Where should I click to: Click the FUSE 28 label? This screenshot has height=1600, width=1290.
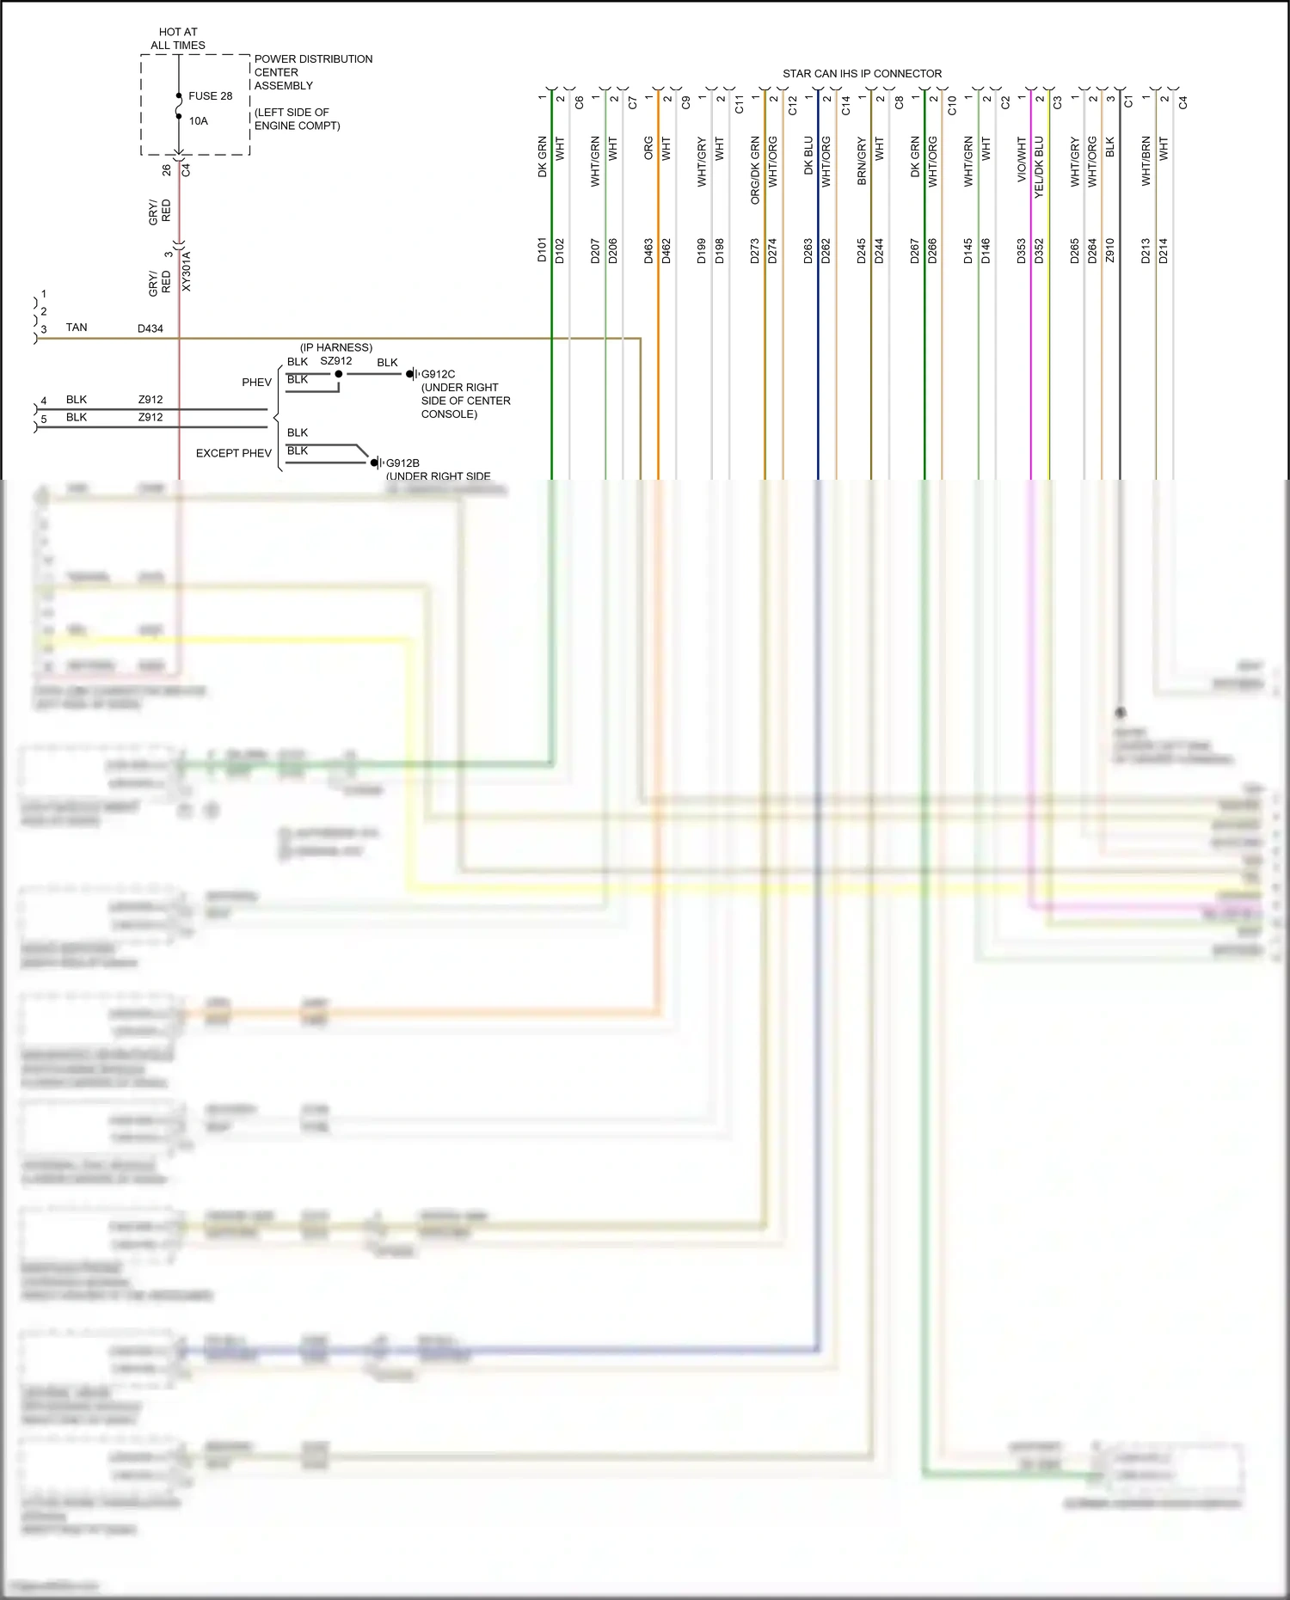[210, 96]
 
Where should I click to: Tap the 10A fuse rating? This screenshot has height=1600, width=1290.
[199, 121]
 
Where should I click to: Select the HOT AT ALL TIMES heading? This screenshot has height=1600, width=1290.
[178, 39]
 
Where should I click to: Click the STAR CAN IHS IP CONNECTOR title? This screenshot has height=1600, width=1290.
[862, 74]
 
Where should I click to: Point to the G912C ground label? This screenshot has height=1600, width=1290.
[438, 374]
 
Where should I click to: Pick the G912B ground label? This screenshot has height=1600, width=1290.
[402, 463]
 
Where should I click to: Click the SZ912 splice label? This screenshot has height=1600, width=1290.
[335, 361]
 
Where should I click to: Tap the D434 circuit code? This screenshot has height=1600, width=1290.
[150, 328]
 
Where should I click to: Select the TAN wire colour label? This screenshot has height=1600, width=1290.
[77, 328]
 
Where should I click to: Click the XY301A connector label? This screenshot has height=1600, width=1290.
[187, 271]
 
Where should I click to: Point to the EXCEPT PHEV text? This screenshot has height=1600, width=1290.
[233, 453]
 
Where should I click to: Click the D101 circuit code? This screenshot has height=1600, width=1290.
[542, 250]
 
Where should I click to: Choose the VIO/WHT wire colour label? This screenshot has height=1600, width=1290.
[1022, 159]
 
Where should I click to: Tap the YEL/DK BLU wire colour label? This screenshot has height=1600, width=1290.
[1039, 168]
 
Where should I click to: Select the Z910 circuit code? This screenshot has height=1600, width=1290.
[1109, 250]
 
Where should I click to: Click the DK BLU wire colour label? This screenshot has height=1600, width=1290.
[808, 156]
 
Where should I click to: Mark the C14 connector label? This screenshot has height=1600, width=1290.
[845, 106]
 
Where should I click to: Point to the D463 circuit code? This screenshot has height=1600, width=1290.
[648, 250]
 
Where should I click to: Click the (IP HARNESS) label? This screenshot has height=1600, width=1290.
[336, 347]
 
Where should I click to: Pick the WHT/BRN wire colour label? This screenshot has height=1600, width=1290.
[1146, 161]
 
